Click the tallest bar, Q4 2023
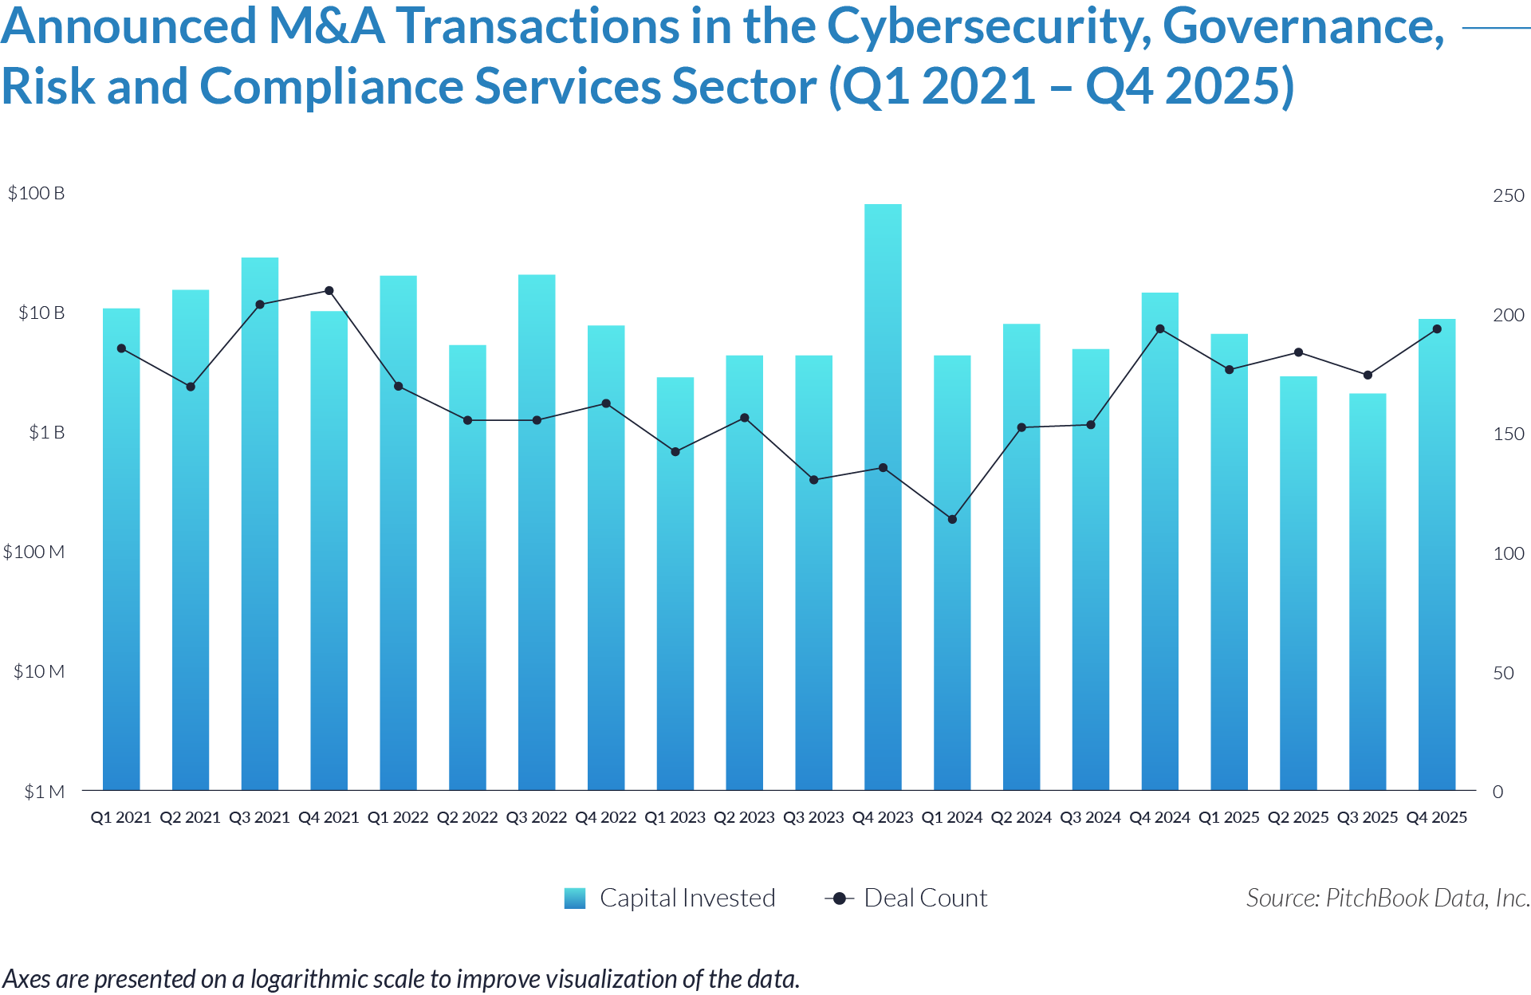point(883,494)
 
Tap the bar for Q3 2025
point(1368,590)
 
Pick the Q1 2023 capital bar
point(675,582)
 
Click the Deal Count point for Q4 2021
point(329,291)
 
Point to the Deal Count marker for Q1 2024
point(952,519)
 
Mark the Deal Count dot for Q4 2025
point(1437,329)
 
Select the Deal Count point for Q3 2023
point(813,480)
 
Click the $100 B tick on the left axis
point(36,194)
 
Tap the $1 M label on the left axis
point(44,792)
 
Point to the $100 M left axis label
point(33,552)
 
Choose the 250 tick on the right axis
point(1508,195)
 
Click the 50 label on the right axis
point(1503,673)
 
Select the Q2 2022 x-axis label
point(467,817)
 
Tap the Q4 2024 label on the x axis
point(1159,817)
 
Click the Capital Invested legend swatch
point(574,899)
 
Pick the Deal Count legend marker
point(839,899)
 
